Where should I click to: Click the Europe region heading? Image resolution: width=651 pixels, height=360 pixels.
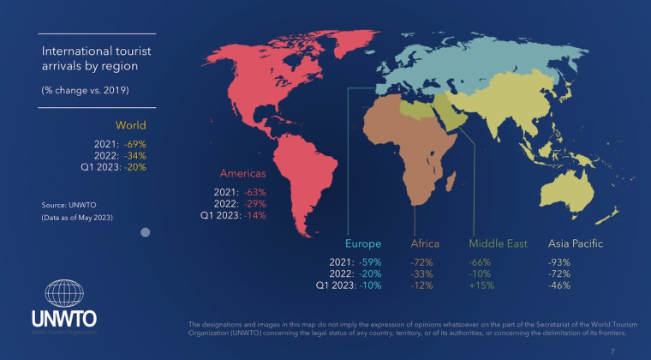tap(363, 243)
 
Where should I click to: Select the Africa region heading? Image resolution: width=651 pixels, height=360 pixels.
tap(425, 243)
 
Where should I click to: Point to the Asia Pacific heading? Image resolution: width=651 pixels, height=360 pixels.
tap(576, 243)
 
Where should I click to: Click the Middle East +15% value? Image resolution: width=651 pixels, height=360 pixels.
tap(481, 285)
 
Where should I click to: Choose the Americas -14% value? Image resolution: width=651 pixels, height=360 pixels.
tap(255, 216)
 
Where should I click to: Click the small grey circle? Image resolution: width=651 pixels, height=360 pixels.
tap(146, 231)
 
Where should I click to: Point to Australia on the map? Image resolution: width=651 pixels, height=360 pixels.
tap(570, 190)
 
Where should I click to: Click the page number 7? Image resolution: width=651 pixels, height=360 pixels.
tap(612, 351)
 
